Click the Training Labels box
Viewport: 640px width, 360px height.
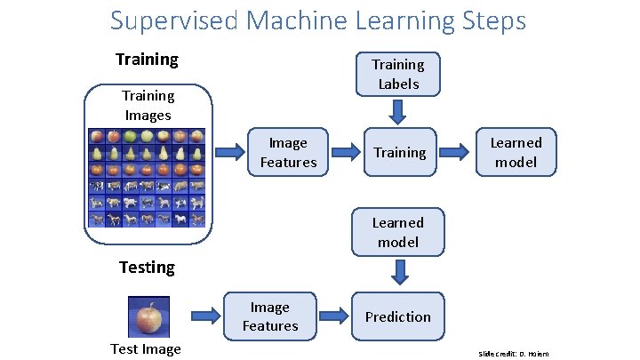coord(397,75)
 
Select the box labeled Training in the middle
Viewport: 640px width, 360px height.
coord(399,153)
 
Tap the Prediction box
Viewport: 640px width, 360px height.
coord(397,317)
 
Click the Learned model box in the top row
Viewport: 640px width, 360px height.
coord(516,153)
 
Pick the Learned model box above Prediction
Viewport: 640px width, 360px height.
coord(397,233)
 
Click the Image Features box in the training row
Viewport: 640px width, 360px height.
coord(288,153)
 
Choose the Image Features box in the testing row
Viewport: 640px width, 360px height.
coord(269,317)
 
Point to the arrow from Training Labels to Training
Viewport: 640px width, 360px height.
coord(398,112)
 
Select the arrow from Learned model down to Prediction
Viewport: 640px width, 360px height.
coord(398,270)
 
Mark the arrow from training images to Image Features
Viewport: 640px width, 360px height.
coord(234,151)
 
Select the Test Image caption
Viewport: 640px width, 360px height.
coord(146,349)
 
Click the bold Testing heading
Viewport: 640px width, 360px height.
coord(147,267)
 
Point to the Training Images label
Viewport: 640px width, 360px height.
coord(148,106)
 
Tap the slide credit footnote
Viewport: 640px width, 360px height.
coord(514,354)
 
